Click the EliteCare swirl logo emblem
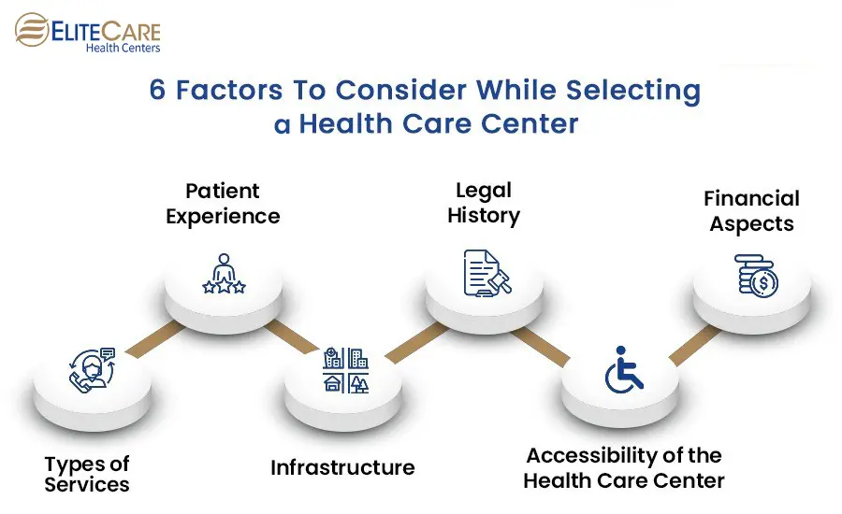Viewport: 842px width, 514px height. (x=32, y=30)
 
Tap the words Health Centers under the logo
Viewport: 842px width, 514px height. (x=123, y=48)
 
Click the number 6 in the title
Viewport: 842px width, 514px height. (x=157, y=90)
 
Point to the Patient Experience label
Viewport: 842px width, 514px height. (x=223, y=204)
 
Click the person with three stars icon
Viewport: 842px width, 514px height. (x=224, y=274)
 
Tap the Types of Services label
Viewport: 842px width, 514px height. (x=87, y=474)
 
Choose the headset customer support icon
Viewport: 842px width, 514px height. (x=92, y=370)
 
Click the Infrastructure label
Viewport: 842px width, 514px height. (x=342, y=467)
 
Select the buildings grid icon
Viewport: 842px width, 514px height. (x=346, y=370)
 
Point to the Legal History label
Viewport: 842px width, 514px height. (x=484, y=203)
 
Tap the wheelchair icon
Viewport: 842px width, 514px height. (x=624, y=370)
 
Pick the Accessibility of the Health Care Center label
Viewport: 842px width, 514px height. (x=624, y=468)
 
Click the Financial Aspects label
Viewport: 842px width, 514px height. (x=752, y=211)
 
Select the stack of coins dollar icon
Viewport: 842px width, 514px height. (x=756, y=276)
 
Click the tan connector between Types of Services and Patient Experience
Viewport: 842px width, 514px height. (x=155, y=339)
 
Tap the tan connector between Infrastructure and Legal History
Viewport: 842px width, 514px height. (x=416, y=343)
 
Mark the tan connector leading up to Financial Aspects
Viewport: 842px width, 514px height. (x=695, y=345)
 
